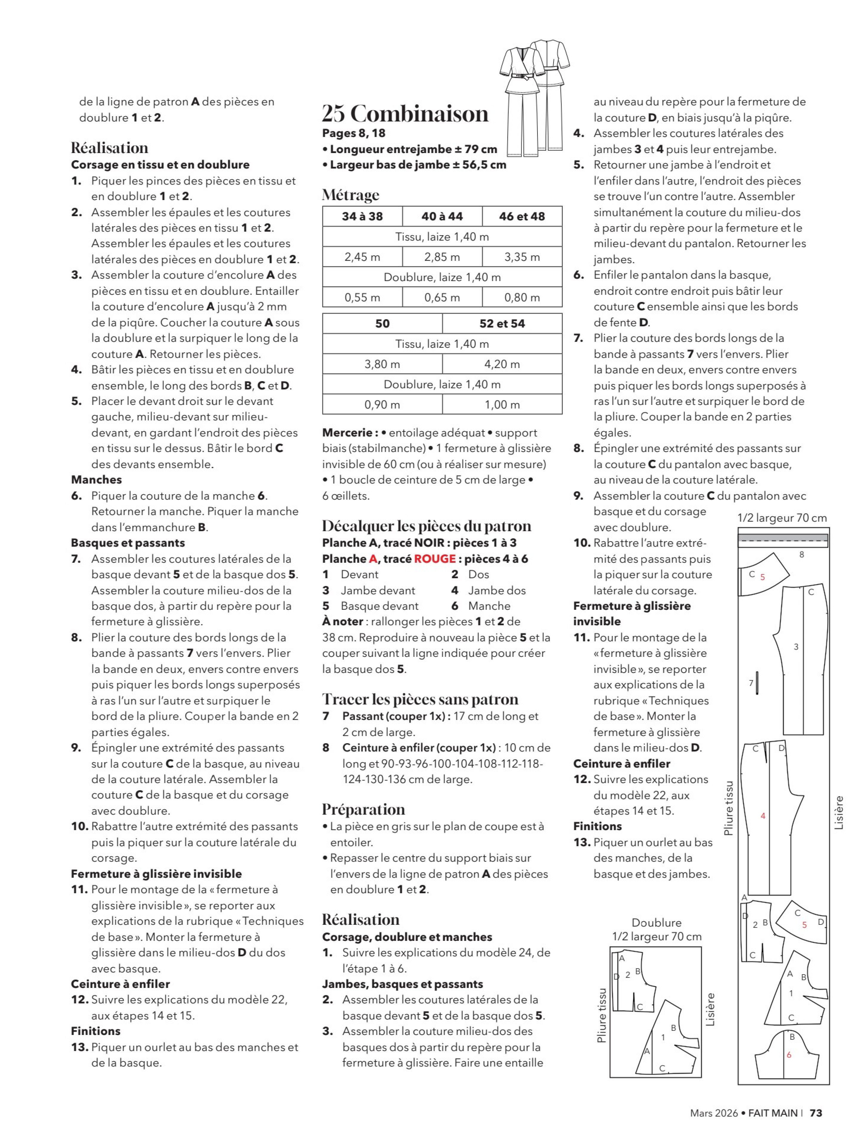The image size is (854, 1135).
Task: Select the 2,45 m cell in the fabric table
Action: tap(362, 257)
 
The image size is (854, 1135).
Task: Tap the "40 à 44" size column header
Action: tap(442, 216)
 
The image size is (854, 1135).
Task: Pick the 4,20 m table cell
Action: tap(502, 364)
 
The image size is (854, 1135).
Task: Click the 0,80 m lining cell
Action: tap(522, 297)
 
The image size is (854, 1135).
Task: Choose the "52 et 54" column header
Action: tap(502, 323)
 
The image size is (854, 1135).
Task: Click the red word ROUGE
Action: tap(435, 559)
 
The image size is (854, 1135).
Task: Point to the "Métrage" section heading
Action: tap(350, 195)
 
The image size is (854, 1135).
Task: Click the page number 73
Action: tap(816, 1113)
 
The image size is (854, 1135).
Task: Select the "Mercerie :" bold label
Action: tap(350, 433)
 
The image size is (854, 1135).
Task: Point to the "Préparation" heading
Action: tap(363, 809)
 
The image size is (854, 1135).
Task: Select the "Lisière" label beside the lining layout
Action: tap(710, 1009)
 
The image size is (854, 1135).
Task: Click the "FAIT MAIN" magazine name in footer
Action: tap(773, 1113)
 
